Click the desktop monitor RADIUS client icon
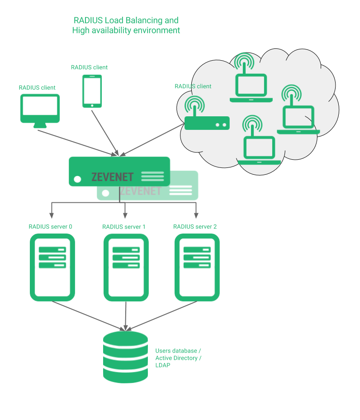[40, 111]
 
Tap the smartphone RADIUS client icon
[92, 91]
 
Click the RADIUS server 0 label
[50, 227]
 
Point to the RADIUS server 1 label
[123, 227]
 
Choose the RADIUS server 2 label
[195, 227]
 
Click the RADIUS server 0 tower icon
[52, 267]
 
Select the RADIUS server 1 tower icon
[126, 267]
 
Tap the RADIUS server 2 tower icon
[197, 267]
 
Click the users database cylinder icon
[125, 358]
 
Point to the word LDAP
[163, 365]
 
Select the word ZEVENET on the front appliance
[113, 177]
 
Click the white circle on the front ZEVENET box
[77, 179]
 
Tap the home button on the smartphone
[92, 105]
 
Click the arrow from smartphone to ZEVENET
[105, 133]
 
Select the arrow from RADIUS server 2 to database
[163, 316]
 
